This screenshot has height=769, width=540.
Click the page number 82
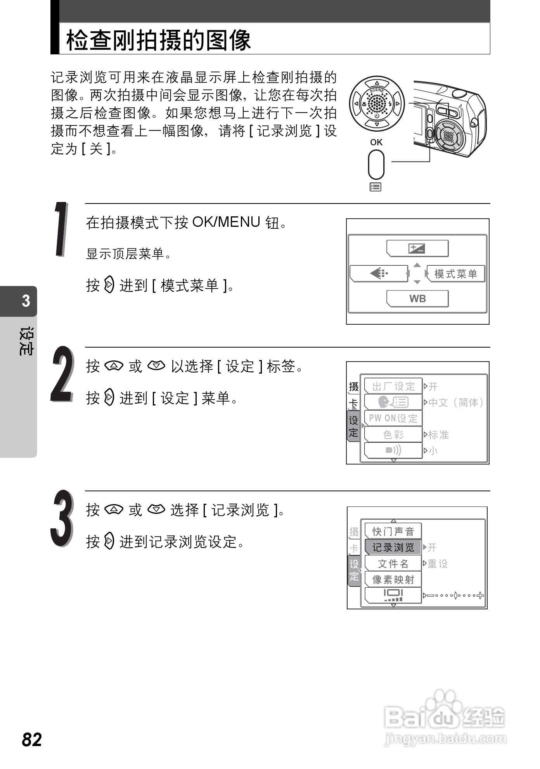point(32,739)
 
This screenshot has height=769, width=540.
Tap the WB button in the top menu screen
point(417,299)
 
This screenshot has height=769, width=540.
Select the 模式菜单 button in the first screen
point(456,274)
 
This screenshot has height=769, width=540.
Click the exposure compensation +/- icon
point(417,249)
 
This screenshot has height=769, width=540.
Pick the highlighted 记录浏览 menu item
point(393,547)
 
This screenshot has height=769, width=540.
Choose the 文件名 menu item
point(393,563)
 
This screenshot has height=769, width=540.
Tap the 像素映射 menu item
point(393,579)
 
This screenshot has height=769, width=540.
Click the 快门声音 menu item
point(393,531)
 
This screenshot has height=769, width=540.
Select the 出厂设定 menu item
point(393,386)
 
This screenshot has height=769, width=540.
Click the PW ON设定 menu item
point(393,418)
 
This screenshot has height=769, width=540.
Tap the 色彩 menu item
point(393,434)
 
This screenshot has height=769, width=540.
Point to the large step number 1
point(61,229)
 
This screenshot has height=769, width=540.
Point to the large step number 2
point(62,374)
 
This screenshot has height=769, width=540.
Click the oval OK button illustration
point(376,164)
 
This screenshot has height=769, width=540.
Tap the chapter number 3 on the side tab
point(26,301)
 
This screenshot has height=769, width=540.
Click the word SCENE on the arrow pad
point(377,90)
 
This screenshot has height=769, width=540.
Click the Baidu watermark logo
point(445,717)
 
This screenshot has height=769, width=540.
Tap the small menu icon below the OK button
point(376,187)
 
